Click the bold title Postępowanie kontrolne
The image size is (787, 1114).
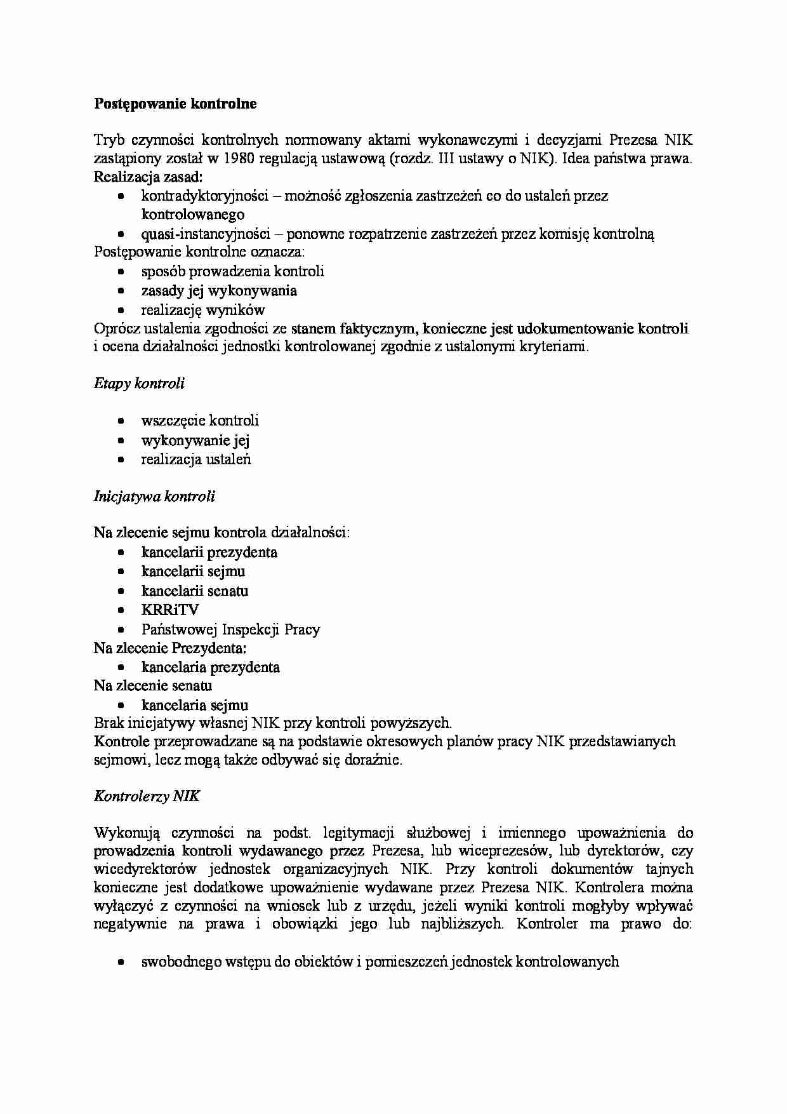click(x=175, y=104)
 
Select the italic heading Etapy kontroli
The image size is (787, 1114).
click(x=139, y=383)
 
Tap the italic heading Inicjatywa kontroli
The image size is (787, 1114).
click(x=154, y=496)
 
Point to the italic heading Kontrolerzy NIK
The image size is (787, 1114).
click(x=147, y=796)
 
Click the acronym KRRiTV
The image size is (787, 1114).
click(x=170, y=610)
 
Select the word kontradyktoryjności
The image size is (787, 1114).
click(x=205, y=196)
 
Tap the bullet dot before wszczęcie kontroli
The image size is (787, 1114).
click(x=121, y=421)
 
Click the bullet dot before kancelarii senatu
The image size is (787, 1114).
click(x=121, y=591)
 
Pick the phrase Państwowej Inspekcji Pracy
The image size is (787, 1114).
click(x=230, y=629)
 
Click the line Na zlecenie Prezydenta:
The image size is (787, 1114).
click(x=170, y=648)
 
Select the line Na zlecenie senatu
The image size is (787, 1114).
click(x=153, y=686)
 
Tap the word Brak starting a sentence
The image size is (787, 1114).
click(x=109, y=723)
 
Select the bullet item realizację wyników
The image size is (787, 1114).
click(x=202, y=310)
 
